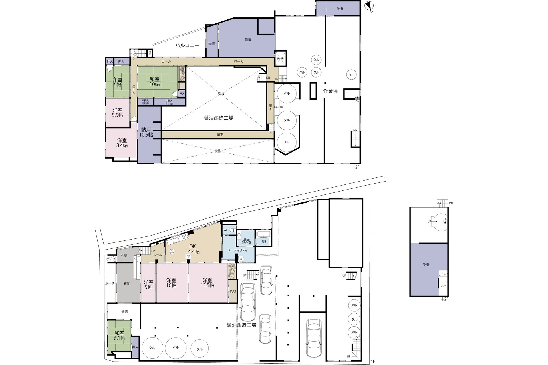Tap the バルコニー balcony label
(187, 45)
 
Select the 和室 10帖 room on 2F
(154, 82)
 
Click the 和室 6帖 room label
(117, 82)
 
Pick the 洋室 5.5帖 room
(118, 113)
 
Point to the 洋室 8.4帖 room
(122, 143)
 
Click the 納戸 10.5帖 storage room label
(146, 132)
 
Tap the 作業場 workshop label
(330, 91)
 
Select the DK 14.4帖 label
(192, 249)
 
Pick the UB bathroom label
(264, 242)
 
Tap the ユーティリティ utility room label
(237, 250)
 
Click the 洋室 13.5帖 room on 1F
(207, 283)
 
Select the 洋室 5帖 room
(148, 284)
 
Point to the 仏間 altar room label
(233, 292)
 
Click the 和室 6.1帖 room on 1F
(120, 336)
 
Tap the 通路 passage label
(124, 312)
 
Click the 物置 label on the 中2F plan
(426, 265)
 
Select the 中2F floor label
(444, 299)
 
